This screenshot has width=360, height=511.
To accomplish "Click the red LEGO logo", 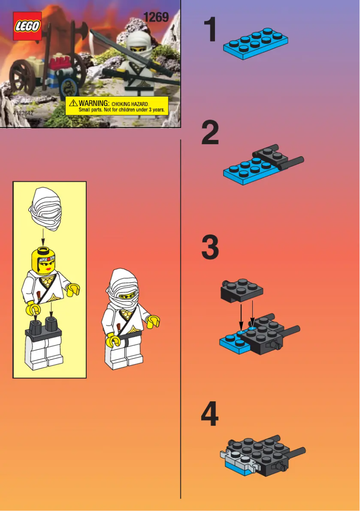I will (x=27, y=26).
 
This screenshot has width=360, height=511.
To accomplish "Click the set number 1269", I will (x=156, y=17).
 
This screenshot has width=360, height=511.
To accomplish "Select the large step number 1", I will (x=210, y=31).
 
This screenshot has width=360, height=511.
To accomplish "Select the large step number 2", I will (x=210, y=133).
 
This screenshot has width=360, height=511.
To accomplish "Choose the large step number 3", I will (x=210, y=248).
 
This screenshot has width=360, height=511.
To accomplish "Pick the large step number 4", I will (x=210, y=414).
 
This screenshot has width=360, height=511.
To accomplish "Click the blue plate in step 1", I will (x=255, y=44).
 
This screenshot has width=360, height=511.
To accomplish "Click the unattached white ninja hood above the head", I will (x=45, y=209).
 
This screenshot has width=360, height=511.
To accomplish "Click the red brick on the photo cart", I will (x=63, y=61).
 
